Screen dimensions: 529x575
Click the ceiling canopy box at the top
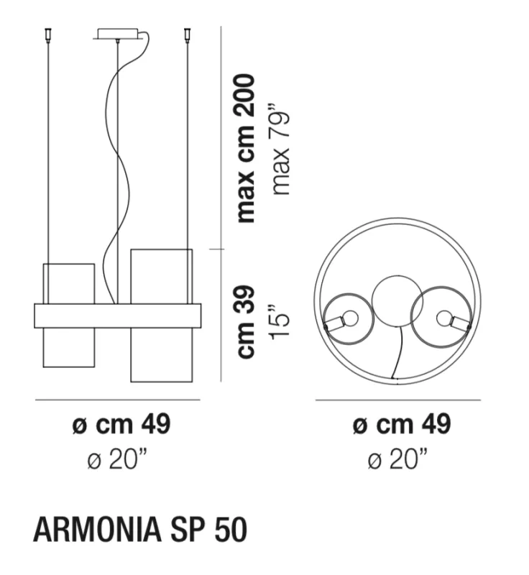(118, 33)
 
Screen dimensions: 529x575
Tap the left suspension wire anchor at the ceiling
(47, 35)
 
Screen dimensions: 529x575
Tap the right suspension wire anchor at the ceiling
(188, 35)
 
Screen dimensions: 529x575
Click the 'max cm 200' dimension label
(246, 148)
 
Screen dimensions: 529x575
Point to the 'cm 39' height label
(246, 321)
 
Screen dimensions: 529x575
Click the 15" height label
(280, 321)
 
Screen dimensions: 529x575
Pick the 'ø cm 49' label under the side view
(121, 424)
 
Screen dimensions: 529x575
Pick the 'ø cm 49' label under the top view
(402, 424)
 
